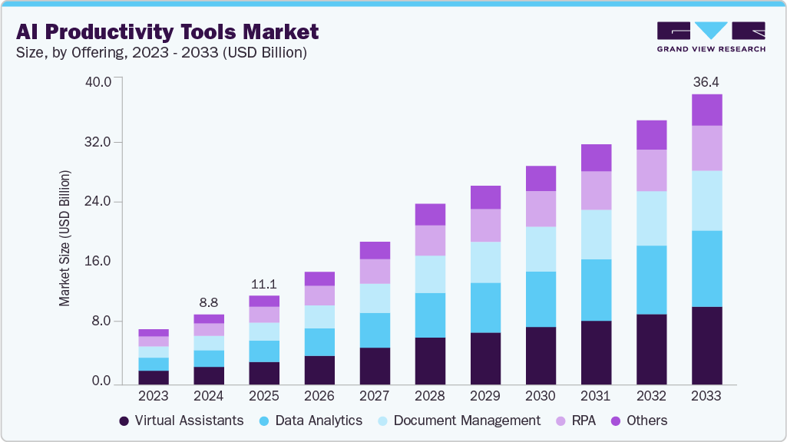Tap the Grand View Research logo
[x=710, y=37]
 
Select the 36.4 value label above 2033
[x=706, y=81]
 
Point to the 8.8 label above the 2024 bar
[x=209, y=302]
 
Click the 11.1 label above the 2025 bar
[x=264, y=283]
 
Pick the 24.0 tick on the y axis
[x=97, y=202]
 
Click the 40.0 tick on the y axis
[x=97, y=81]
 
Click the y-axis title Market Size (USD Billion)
[x=65, y=238]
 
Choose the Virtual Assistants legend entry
[x=181, y=421]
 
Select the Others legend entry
[x=638, y=421]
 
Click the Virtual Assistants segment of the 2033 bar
[x=706, y=345]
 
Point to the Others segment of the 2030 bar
[x=541, y=178]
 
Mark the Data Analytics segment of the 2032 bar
[x=651, y=280]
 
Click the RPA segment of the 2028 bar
[x=430, y=240]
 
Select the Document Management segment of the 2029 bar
[x=485, y=262]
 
